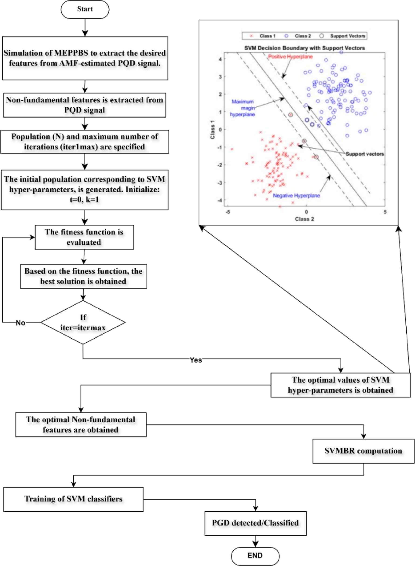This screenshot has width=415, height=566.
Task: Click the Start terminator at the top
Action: pyautogui.click(x=85, y=9)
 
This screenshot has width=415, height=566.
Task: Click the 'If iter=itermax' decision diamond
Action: pyautogui.click(x=83, y=322)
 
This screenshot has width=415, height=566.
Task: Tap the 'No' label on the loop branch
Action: pyautogui.click(x=20, y=323)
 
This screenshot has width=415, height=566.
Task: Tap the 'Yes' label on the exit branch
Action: pyautogui.click(x=196, y=360)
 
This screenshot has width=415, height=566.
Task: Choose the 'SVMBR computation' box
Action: pyautogui.click(x=363, y=451)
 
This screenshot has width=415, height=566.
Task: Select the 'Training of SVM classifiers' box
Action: pyautogui.click(x=73, y=499)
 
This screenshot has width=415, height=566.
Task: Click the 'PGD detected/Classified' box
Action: pyautogui.click(x=255, y=523)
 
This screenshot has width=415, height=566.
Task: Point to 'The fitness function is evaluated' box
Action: pyautogui.click(x=84, y=237)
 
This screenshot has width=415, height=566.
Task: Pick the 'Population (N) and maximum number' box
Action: pyautogui.click(x=85, y=142)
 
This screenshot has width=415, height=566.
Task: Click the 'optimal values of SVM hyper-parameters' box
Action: pyautogui.click(x=340, y=385)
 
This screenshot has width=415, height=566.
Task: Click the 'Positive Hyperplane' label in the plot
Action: pyautogui.click(x=290, y=57)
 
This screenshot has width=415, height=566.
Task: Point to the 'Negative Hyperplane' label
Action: pyautogui.click(x=296, y=196)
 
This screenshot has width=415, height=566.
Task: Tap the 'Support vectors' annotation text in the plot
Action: pyautogui.click(x=364, y=154)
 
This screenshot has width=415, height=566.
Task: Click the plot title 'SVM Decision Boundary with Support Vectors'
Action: pyautogui.click(x=304, y=48)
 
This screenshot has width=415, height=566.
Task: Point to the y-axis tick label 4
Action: pyautogui.click(x=220, y=59)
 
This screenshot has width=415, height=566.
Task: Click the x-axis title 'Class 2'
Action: pyautogui.click(x=304, y=219)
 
